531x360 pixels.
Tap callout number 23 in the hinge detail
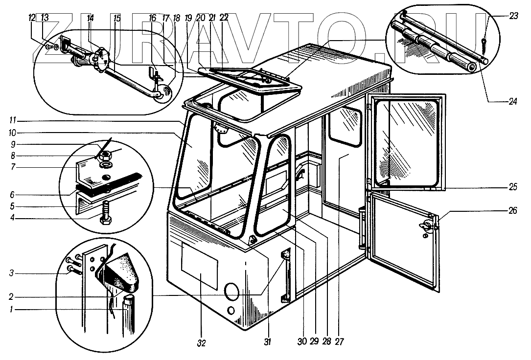(x=513, y=16)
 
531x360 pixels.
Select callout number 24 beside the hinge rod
(x=512, y=102)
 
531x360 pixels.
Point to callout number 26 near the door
(x=512, y=211)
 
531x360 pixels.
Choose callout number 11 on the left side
(x=15, y=119)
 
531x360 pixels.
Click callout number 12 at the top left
(x=32, y=18)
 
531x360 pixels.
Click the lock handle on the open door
(x=425, y=226)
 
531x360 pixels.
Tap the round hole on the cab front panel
(x=231, y=292)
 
